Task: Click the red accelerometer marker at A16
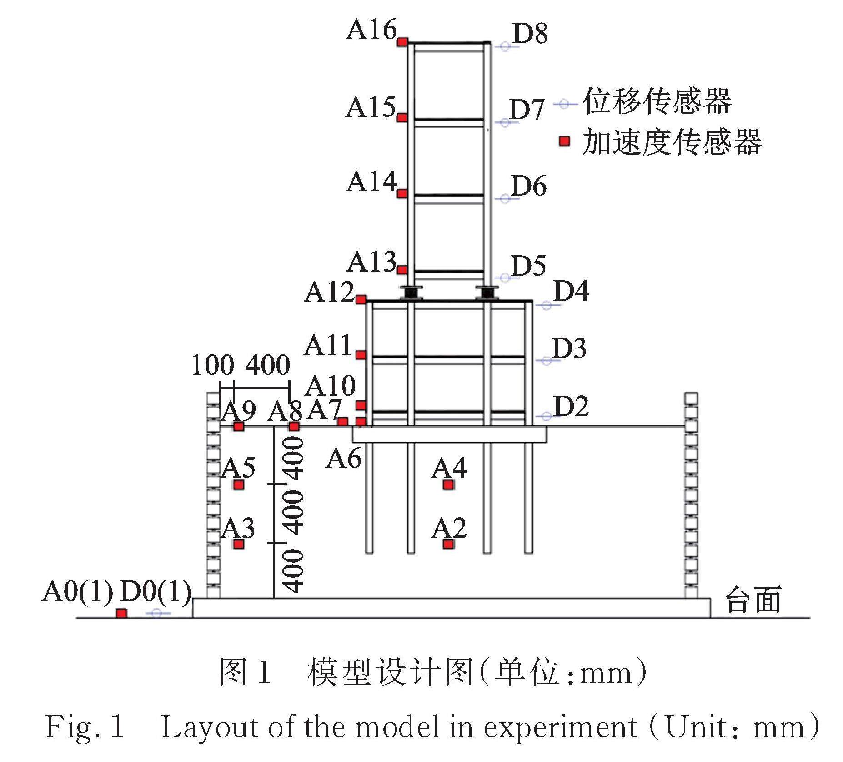pos(402,42)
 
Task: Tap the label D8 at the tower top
pos(530,33)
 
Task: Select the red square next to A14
pos(402,194)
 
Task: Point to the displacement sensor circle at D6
pos(505,198)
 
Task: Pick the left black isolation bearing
pos(411,293)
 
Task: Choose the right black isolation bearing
pos(487,293)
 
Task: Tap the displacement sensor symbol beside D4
pos(546,305)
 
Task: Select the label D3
pos(569,349)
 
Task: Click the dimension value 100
pos(212,365)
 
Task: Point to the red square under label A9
pos(239,427)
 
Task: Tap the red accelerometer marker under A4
pos(448,485)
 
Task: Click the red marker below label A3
pos(239,544)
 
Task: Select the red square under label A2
pos(448,544)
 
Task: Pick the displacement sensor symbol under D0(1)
pos(157,614)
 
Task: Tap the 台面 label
pos(753,600)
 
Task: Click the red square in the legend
pos(564,141)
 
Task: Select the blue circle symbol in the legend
pos(564,104)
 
